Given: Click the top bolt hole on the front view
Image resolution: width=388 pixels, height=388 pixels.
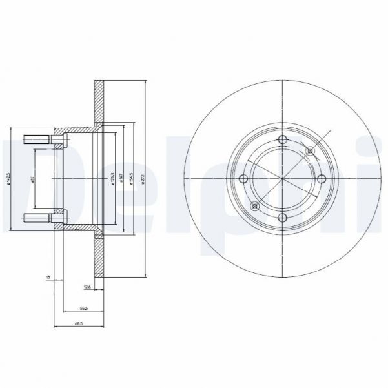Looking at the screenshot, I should [x=283, y=140].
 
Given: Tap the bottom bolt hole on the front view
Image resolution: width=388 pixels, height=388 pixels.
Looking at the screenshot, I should [x=283, y=218].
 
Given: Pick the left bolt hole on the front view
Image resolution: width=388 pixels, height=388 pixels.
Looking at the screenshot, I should [x=243, y=179].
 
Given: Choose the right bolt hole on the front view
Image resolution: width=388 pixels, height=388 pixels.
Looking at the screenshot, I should [x=322, y=179].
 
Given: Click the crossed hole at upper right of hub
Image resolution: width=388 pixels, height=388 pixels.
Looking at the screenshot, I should [x=311, y=151].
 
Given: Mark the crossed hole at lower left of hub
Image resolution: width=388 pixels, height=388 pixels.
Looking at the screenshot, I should [x=255, y=207].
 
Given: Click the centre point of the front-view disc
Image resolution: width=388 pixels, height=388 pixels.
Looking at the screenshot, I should [x=283, y=179].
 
